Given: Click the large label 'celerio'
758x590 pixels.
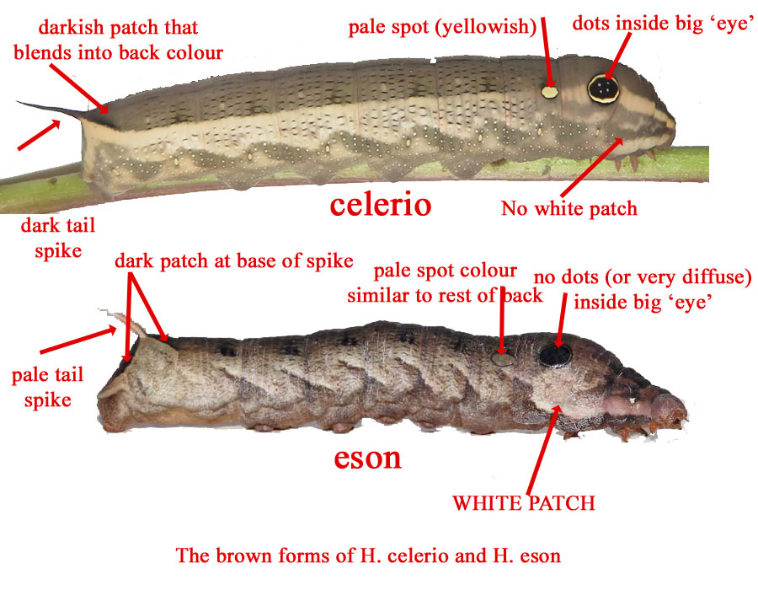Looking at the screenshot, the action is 381,204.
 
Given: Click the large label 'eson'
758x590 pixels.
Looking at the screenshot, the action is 367,458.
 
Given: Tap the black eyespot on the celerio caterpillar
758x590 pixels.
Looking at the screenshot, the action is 603,89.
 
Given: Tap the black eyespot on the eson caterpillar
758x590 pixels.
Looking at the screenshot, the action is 555,355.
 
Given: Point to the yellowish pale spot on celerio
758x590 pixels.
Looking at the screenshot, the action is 550,92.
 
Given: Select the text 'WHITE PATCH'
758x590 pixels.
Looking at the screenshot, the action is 524,503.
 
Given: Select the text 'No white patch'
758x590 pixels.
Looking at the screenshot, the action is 569,208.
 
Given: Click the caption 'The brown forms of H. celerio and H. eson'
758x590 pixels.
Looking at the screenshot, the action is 368,555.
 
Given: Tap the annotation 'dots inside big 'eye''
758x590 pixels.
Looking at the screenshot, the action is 663,24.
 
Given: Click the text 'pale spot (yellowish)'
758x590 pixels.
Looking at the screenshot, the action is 442,27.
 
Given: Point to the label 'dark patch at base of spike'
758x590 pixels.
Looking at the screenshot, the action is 234,260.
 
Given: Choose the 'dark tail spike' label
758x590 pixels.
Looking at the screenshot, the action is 58,238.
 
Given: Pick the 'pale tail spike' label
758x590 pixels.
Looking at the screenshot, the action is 47,387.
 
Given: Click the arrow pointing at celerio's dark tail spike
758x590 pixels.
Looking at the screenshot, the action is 39,135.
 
